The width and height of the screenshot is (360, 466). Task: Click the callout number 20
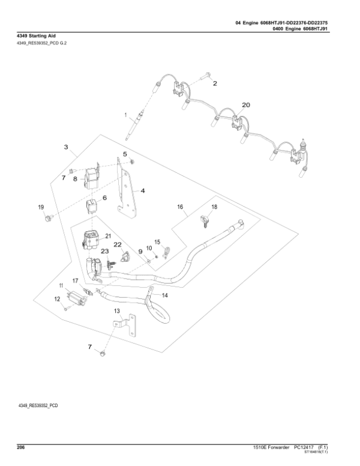point(245,104)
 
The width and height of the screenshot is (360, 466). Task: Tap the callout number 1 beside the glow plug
point(125,114)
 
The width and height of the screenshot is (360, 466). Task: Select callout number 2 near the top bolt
point(65,146)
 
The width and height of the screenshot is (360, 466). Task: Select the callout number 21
point(109,236)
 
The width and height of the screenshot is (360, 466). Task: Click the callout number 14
point(165,295)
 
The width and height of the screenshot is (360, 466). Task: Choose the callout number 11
point(61,285)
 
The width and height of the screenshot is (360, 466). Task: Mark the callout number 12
point(58,298)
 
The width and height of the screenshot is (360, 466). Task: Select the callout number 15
point(158,242)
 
